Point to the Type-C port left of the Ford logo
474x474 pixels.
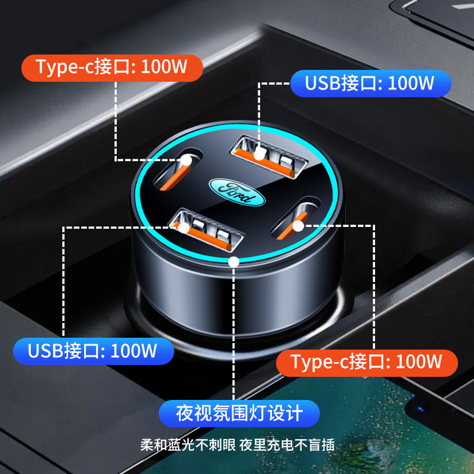click(x=177, y=168)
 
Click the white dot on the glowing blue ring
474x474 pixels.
click(x=234, y=261)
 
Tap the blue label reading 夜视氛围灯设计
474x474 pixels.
click(x=239, y=413)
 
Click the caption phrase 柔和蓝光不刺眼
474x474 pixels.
click(x=188, y=446)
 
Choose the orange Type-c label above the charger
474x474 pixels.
click(x=111, y=68)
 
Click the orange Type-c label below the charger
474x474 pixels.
click(x=367, y=362)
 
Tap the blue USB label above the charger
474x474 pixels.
click(x=370, y=84)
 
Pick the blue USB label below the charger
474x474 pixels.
click(x=93, y=351)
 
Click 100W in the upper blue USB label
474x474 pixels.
click(x=411, y=84)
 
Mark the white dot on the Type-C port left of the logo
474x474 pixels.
click(x=187, y=160)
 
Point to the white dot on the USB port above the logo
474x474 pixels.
click(x=258, y=155)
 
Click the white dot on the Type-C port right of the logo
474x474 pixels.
click(x=299, y=226)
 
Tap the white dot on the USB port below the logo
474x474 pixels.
click(x=184, y=226)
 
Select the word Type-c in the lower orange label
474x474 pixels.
click(x=319, y=362)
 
